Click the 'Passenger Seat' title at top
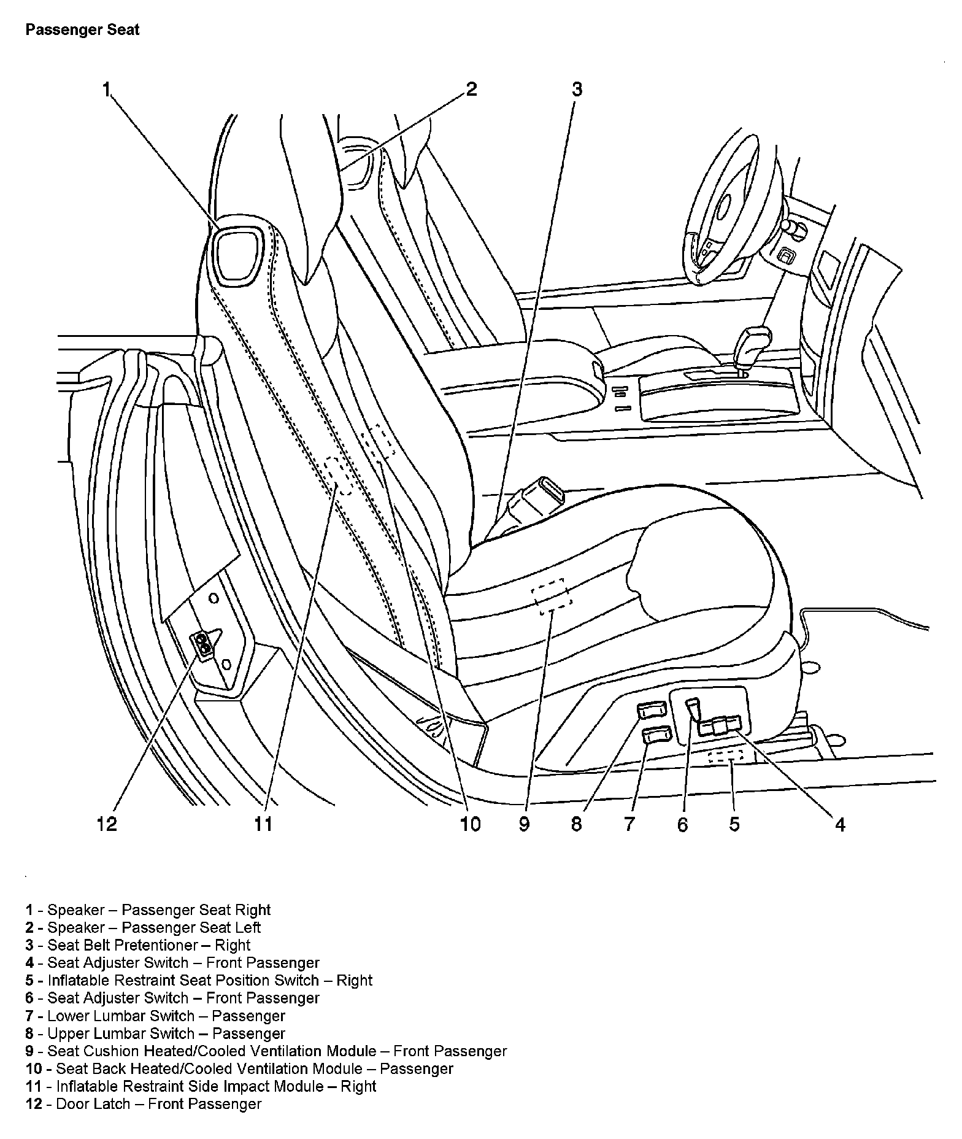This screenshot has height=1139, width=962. click(x=82, y=30)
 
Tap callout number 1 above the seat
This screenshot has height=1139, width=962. click(x=106, y=90)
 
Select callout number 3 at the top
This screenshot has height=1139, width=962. click(x=576, y=90)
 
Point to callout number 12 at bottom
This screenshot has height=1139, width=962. click(x=107, y=824)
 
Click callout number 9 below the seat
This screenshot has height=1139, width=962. click(x=523, y=824)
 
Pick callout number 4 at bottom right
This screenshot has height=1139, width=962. click(x=840, y=825)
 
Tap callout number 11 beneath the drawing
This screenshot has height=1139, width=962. click(x=263, y=824)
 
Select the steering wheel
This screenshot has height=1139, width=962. click(x=730, y=209)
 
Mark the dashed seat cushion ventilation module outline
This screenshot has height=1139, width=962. click(x=552, y=596)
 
